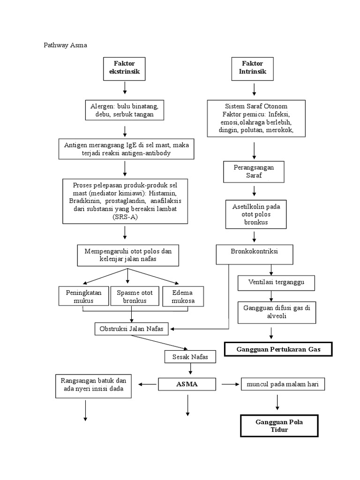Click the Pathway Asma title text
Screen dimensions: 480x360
click(66, 45)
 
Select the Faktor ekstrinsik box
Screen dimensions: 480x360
click(124, 68)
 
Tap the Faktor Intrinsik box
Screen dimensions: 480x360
click(253, 68)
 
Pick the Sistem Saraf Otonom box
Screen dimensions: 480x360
click(256, 118)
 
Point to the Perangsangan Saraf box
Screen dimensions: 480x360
click(254, 171)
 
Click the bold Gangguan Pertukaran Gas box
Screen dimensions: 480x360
click(278, 350)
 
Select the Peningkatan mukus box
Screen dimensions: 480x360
click(83, 297)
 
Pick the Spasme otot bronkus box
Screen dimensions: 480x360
click(135, 297)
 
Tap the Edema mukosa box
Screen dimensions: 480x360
click(183, 297)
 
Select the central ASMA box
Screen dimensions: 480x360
click(187, 385)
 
